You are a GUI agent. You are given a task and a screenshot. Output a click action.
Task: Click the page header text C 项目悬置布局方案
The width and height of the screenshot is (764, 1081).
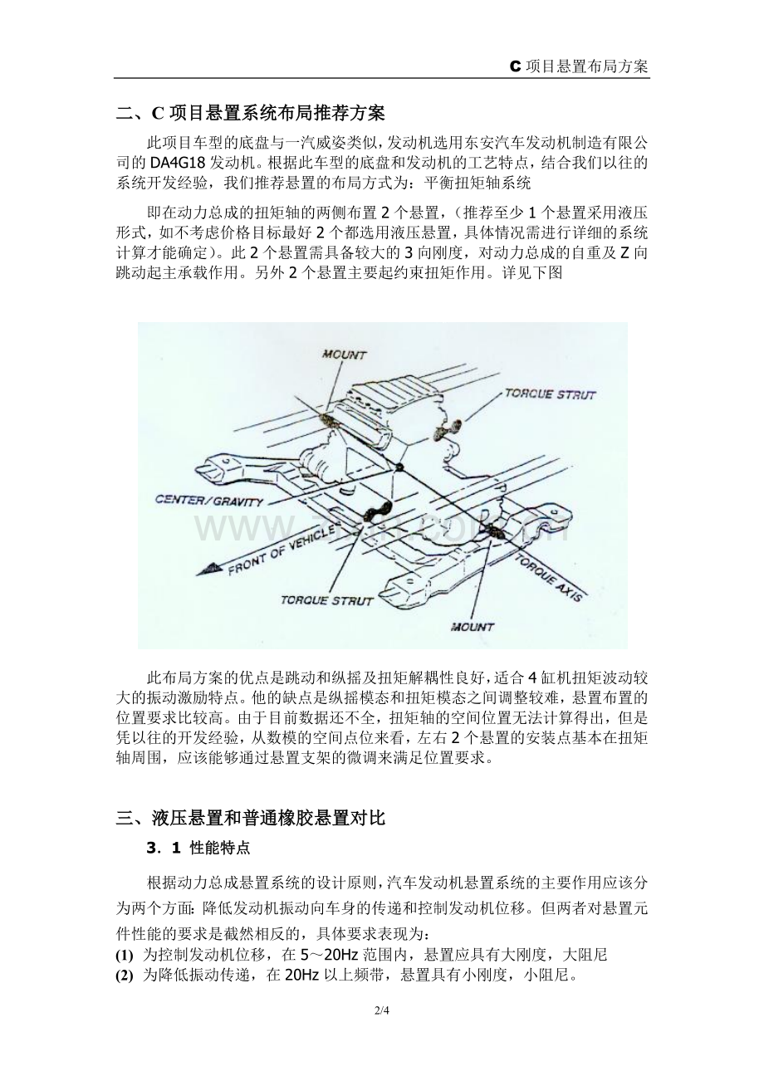tap(579, 66)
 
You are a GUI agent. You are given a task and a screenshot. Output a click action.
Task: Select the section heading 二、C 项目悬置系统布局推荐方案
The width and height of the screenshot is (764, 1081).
tap(251, 114)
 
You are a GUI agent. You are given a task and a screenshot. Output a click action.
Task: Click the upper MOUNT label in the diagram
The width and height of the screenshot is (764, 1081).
tap(344, 355)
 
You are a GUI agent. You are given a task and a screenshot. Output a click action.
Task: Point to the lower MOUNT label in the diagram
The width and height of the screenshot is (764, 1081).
tap(472, 627)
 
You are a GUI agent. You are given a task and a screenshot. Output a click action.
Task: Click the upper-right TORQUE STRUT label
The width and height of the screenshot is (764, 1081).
tap(551, 394)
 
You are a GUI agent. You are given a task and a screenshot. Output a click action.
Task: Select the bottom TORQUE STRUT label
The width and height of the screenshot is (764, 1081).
tap(327, 600)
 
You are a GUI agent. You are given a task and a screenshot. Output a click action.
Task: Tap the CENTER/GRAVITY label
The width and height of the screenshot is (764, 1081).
tap(209, 501)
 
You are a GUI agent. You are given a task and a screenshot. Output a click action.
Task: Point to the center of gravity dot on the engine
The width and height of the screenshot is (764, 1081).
tap(399, 467)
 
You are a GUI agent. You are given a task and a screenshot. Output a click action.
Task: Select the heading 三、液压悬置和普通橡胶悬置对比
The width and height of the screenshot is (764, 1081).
tap(251, 818)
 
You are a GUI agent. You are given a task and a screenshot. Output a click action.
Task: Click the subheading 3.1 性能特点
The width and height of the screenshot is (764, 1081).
tap(198, 848)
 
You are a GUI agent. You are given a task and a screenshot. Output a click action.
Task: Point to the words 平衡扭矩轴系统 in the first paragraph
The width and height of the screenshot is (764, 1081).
tap(477, 183)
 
